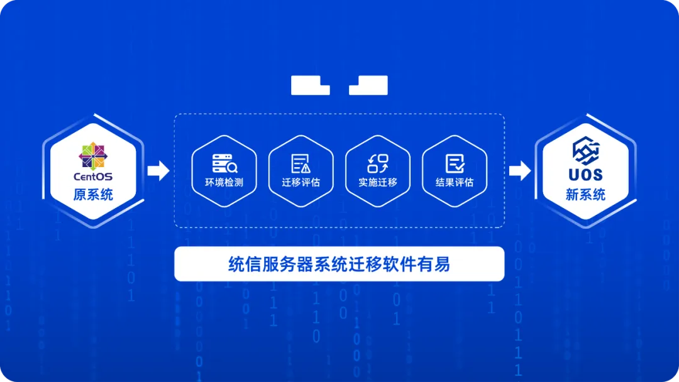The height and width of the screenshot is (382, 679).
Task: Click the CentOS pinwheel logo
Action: click(93, 156)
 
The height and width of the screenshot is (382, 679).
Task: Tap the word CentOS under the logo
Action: click(93, 177)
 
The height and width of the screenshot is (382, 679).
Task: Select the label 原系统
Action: click(93, 195)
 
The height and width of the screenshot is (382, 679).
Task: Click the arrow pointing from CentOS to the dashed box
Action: click(158, 170)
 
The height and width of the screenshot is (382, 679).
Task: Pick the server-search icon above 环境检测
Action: click(224, 163)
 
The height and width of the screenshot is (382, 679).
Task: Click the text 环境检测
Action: click(224, 183)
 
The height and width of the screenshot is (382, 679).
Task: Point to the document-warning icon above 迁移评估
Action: click(301, 163)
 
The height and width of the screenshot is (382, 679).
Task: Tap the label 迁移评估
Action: click(301, 183)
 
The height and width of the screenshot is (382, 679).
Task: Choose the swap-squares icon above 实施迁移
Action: click(378, 163)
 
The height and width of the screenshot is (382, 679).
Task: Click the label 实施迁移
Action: click(378, 183)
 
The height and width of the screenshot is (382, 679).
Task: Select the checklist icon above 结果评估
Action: click(455, 163)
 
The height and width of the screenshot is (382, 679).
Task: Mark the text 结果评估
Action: click(455, 183)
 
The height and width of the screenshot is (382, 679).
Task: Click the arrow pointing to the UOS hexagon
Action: click(520, 170)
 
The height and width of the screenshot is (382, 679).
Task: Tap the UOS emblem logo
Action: click(585, 151)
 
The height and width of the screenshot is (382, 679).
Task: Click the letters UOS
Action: click(585, 175)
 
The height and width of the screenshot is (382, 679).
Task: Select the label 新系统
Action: click(585, 195)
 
